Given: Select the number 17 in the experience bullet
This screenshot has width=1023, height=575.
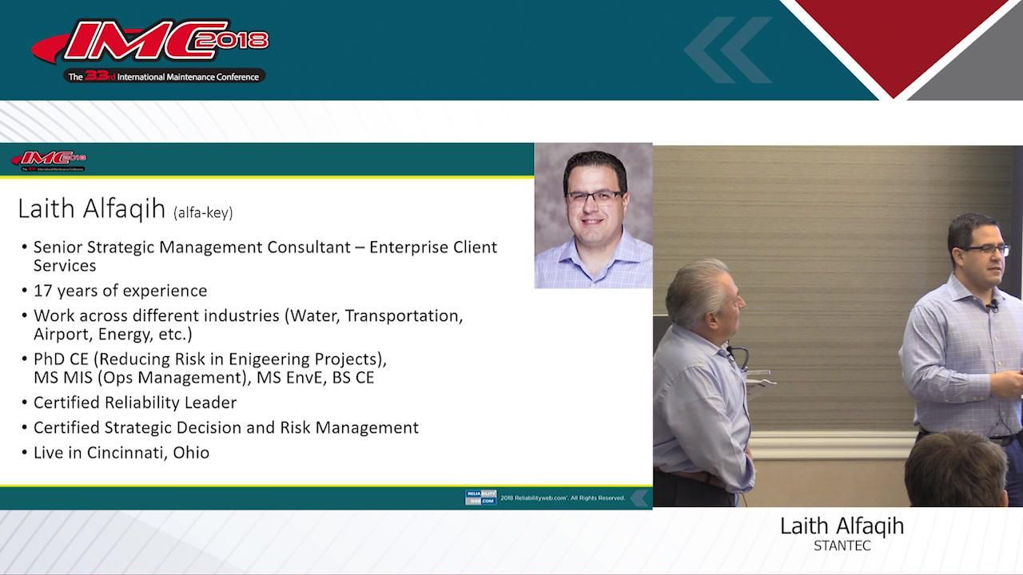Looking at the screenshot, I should pyautogui.click(x=43, y=291).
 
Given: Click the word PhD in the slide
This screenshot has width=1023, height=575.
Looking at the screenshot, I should pyautogui.click(x=50, y=359).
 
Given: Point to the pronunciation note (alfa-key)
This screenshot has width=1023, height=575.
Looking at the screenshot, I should pyautogui.click(x=203, y=212).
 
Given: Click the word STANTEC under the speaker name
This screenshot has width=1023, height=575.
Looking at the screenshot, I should pyautogui.click(x=842, y=546).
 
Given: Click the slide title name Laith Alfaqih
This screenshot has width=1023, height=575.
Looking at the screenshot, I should pyautogui.click(x=91, y=209).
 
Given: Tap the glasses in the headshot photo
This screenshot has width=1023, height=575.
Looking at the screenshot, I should pyautogui.click(x=594, y=196).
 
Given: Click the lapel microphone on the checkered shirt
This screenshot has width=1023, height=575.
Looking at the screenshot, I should pyautogui.click(x=993, y=307).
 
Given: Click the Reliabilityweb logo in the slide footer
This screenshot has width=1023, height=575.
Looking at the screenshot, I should pyautogui.click(x=480, y=498).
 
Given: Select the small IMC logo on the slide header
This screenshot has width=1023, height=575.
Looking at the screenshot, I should pyautogui.click(x=49, y=160).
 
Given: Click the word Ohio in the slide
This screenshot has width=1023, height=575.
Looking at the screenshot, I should pyautogui.click(x=191, y=453).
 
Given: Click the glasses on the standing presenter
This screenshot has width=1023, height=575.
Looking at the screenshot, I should pyautogui.click(x=985, y=250).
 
